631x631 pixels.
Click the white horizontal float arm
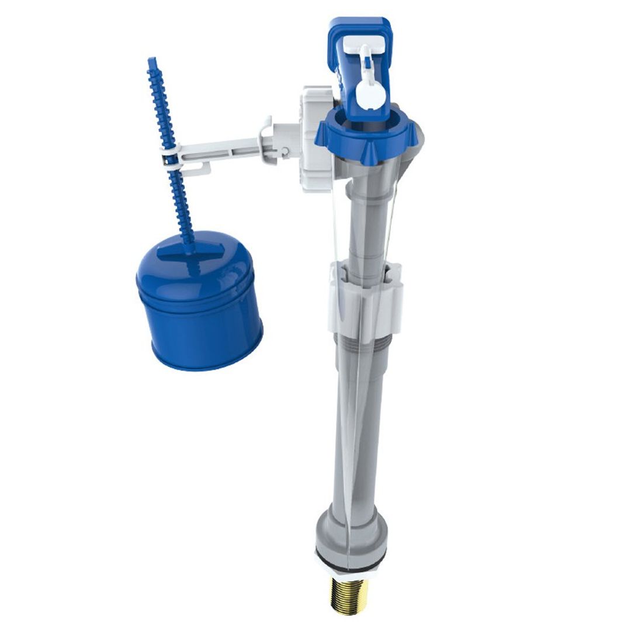(222, 149)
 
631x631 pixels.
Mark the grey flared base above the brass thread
(351, 532)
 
